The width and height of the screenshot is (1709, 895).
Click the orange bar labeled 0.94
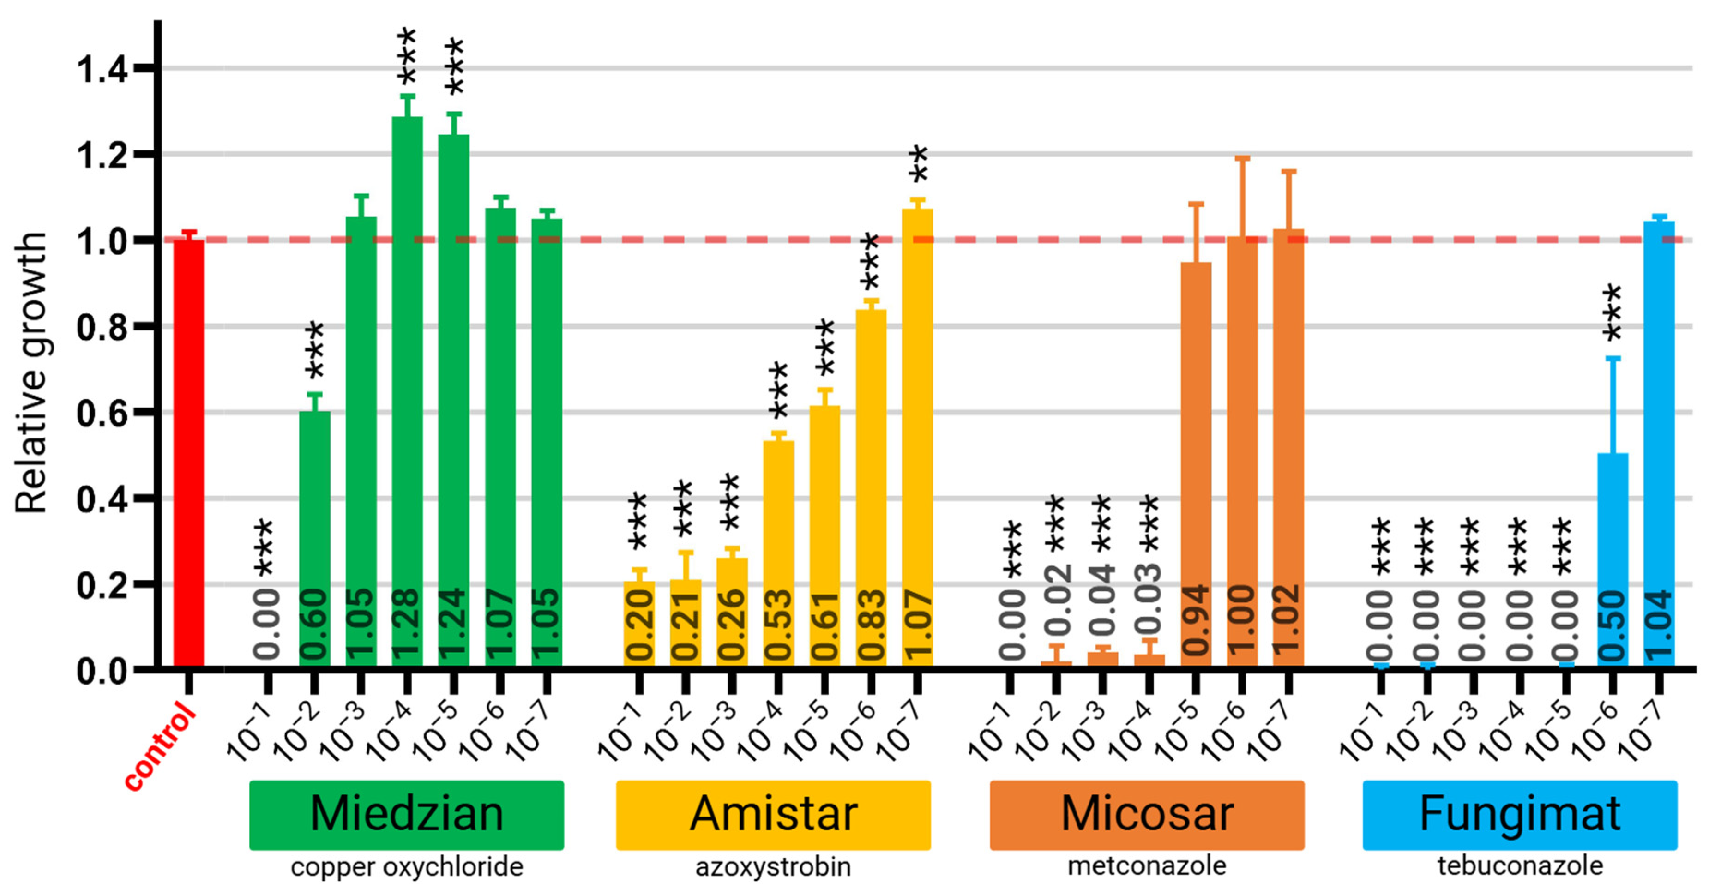[1196, 464]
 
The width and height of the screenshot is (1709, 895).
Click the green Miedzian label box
[407, 814]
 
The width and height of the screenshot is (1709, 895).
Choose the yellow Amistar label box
[773, 814]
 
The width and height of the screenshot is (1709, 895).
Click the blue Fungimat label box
[1519, 814]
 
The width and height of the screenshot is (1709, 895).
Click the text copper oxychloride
[407, 866]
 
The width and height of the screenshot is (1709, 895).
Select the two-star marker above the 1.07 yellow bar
[918, 164]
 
